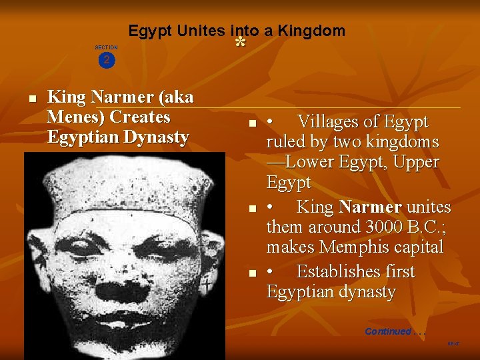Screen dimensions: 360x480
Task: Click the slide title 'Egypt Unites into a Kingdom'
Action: pos(237,31)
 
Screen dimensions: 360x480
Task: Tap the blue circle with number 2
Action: pos(106,60)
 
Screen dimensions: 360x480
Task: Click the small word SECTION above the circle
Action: pos(106,47)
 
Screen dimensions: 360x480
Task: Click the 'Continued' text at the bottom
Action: pos(387,331)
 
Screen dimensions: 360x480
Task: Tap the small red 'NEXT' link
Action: pos(453,344)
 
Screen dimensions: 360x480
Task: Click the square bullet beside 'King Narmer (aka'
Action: pos(31,98)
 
